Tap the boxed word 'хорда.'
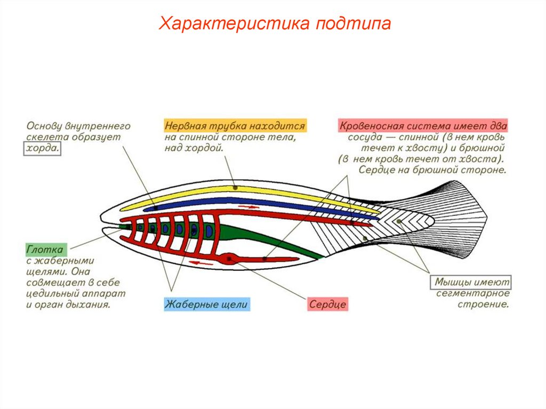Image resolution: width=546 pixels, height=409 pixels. (x=42, y=149)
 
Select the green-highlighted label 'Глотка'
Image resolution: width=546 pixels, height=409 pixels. (x=45, y=250)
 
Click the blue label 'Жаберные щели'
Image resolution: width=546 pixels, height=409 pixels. (x=206, y=305)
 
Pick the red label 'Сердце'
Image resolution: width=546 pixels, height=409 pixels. (x=327, y=305)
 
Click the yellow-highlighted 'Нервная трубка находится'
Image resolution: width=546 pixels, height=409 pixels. (x=235, y=126)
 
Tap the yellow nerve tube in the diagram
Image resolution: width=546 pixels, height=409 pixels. (x=235, y=188)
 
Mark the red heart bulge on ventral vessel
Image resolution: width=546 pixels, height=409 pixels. (x=231, y=259)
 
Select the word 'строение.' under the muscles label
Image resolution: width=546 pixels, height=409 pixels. (x=483, y=305)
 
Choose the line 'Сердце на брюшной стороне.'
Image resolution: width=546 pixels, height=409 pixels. (x=431, y=171)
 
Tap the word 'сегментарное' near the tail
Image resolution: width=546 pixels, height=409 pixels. (x=473, y=294)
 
